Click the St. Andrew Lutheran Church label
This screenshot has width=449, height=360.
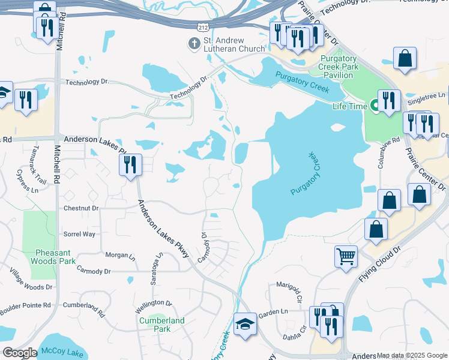pyautogui.click(x=234, y=44)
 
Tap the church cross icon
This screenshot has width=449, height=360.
pyautogui.click(x=194, y=43)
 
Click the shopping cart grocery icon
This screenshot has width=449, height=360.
pyautogui.click(x=346, y=256)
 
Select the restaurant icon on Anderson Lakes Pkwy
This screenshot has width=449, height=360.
pyautogui.click(x=130, y=164)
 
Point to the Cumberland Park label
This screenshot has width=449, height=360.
pyautogui.click(x=162, y=325)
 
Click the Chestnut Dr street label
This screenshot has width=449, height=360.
pyautogui.click(x=81, y=208)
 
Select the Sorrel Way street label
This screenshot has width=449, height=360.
pyautogui.click(x=80, y=234)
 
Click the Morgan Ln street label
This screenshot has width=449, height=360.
pyautogui.click(x=120, y=256)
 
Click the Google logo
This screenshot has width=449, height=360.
pyautogui.click(x=20, y=353)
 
